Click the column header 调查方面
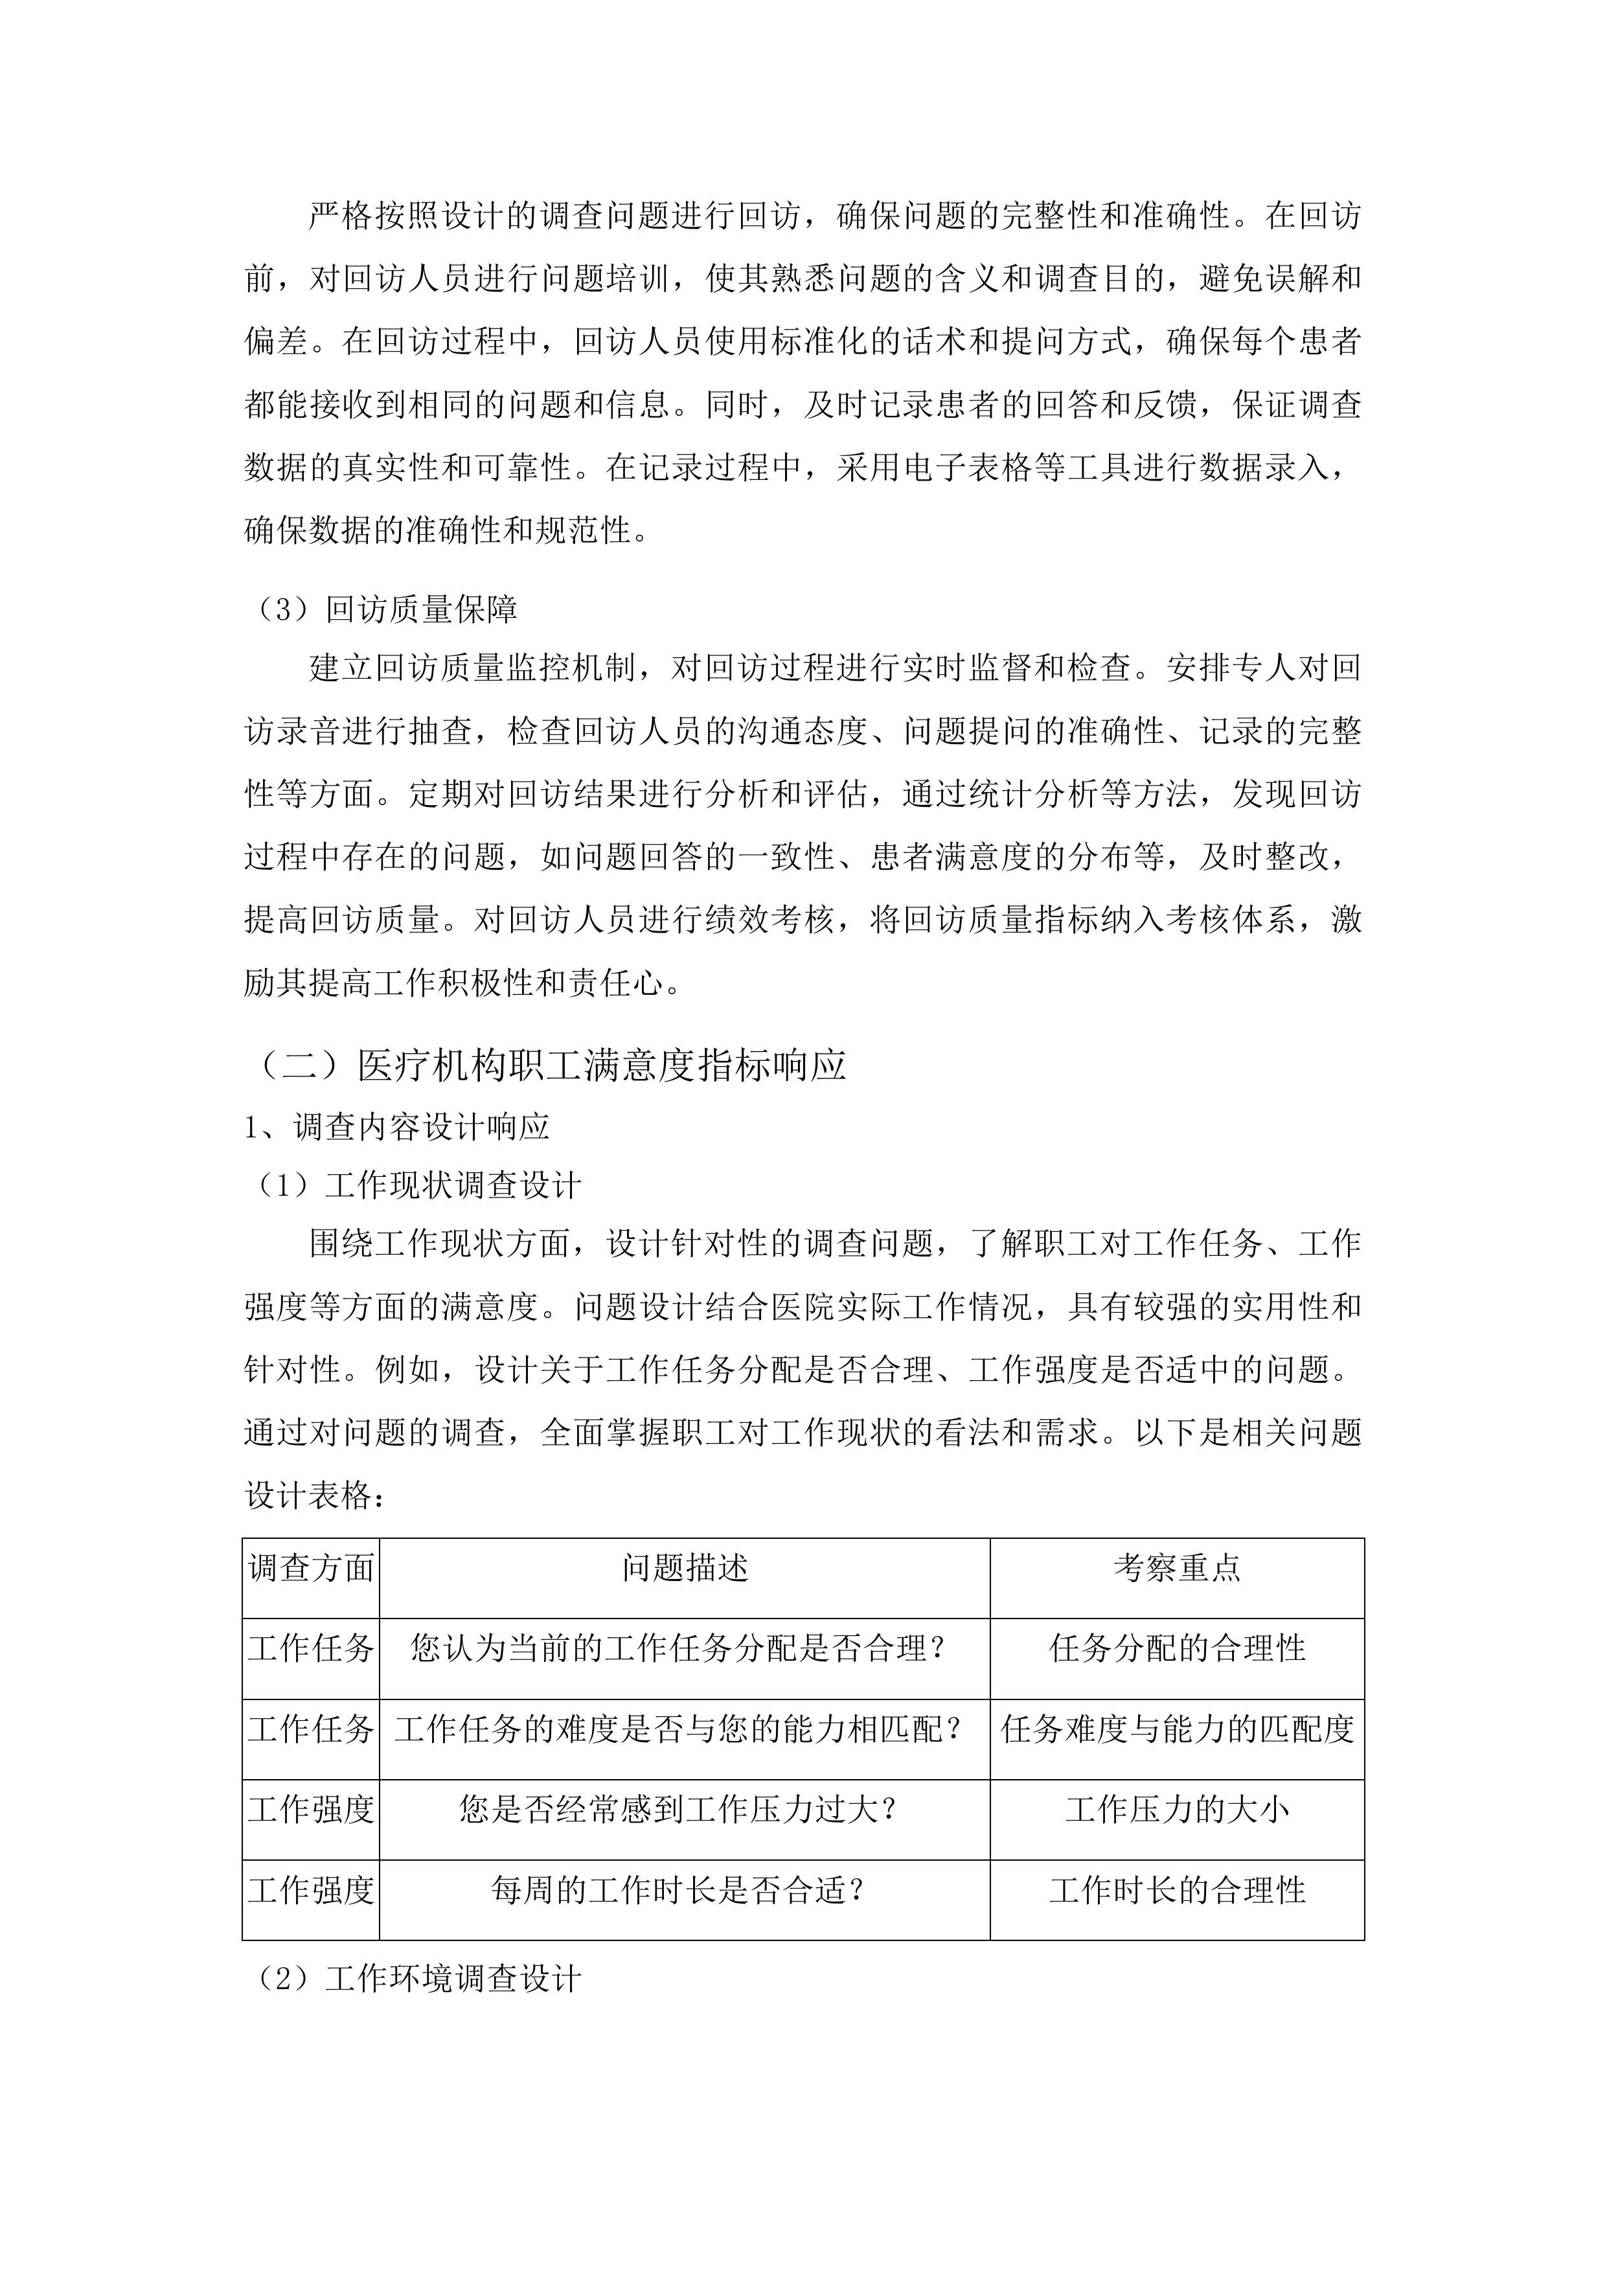click(x=311, y=1567)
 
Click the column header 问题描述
click(x=685, y=1567)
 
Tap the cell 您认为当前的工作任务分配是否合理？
click(x=679, y=1648)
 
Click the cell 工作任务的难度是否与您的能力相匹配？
click(x=679, y=1730)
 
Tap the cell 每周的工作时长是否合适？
click(x=679, y=1891)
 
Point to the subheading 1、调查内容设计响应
click(x=397, y=1126)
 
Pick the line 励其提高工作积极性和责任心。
click(x=463, y=984)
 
